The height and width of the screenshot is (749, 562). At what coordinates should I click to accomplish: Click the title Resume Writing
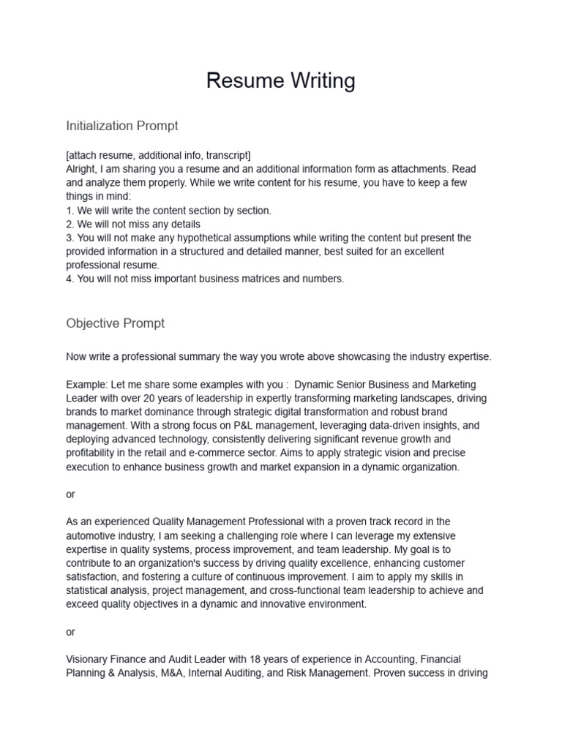click(x=280, y=80)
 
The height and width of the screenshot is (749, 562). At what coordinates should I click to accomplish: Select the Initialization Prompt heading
click(x=121, y=126)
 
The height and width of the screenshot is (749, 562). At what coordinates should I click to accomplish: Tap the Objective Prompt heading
click(x=115, y=323)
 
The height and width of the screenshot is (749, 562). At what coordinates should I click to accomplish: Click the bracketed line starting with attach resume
click(x=158, y=155)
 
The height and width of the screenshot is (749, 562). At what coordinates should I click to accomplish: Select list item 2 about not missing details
click(x=132, y=224)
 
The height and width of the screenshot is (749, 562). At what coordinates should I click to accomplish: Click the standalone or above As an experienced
click(x=70, y=494)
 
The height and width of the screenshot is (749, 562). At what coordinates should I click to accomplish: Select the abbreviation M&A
click(x=171, y=673)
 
